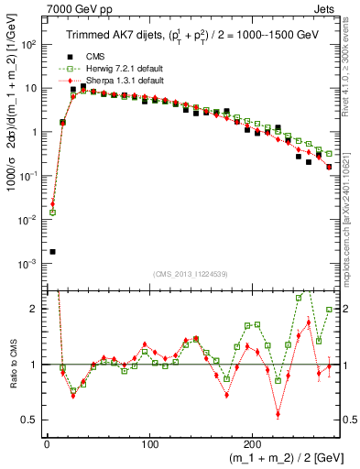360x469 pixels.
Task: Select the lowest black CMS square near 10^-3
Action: click(x=52, y=251)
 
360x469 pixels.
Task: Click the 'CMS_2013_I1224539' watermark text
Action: click(x=189, y=273)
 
